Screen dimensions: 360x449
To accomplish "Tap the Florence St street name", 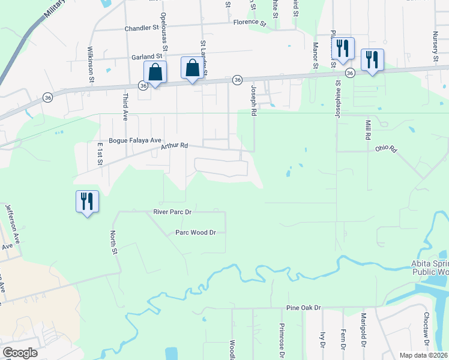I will (250, 22).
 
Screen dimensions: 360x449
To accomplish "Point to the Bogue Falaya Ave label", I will (135, 141).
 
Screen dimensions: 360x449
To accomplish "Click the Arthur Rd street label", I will (175, 146).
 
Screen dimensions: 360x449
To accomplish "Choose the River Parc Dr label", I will (172, 212).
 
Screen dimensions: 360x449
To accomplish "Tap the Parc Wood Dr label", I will (195, 232).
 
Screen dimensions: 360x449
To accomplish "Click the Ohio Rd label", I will (387, 148).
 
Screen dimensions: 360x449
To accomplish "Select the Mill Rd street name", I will (368, 130).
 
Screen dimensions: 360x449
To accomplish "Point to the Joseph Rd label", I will (254, 100).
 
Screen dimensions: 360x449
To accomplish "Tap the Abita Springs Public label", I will (429, 267).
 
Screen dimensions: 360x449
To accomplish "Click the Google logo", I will (20, 353).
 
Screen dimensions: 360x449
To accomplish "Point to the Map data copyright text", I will (423, 355).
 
